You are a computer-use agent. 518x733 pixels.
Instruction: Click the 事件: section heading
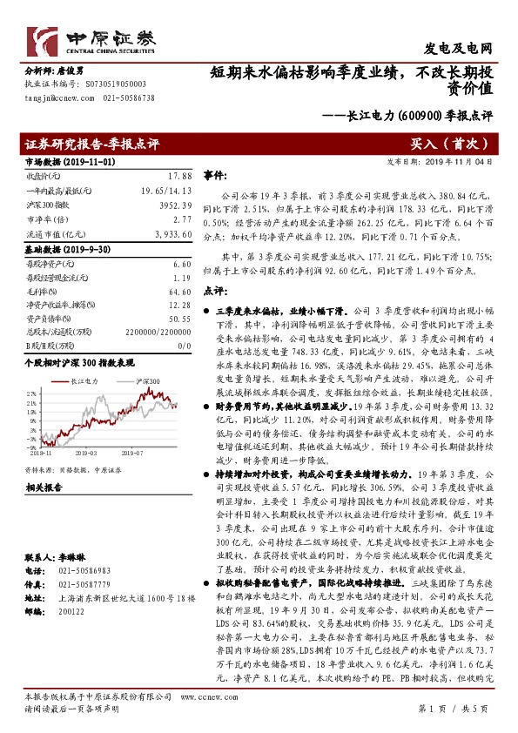tap(214, 175)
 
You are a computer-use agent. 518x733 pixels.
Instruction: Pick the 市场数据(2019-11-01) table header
tap(57, 161)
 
